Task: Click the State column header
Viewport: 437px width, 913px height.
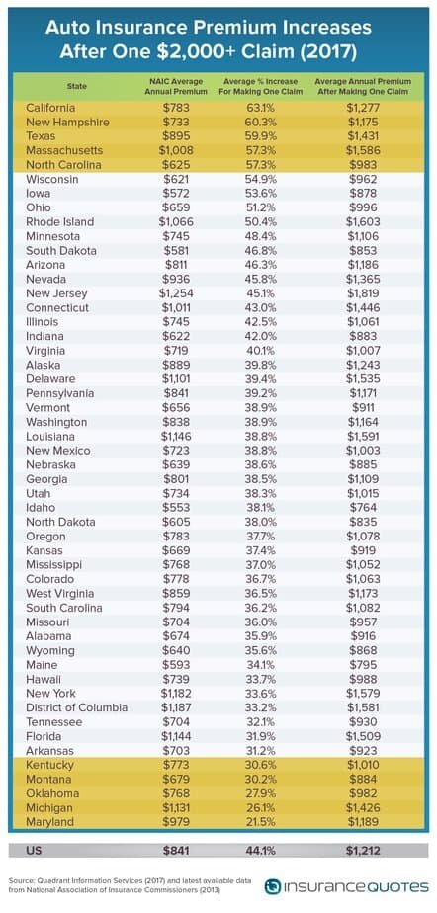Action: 76,86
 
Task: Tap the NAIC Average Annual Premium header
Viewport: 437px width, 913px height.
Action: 176,86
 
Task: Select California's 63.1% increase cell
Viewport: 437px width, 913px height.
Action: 260,108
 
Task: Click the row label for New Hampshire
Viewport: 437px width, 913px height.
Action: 67,123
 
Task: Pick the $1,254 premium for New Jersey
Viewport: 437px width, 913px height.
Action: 176,293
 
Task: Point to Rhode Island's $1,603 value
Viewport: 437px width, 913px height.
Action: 362,222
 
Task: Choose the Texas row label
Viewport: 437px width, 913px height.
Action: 41,136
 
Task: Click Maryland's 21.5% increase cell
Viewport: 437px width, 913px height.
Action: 260,821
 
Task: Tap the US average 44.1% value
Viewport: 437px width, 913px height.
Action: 260,851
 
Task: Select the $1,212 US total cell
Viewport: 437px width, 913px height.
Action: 362,851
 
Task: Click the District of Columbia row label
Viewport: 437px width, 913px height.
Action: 76,707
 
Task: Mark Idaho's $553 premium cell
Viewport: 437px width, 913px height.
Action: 176,507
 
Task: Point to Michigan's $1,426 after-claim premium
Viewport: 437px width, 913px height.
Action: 362,807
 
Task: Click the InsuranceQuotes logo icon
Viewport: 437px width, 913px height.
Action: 272,886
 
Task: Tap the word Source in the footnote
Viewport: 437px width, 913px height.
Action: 20,881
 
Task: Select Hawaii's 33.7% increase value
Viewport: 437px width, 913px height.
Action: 260,679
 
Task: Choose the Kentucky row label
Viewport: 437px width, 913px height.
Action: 50,765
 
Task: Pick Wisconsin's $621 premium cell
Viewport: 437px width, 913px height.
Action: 176,180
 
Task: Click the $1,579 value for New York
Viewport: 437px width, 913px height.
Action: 362,693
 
